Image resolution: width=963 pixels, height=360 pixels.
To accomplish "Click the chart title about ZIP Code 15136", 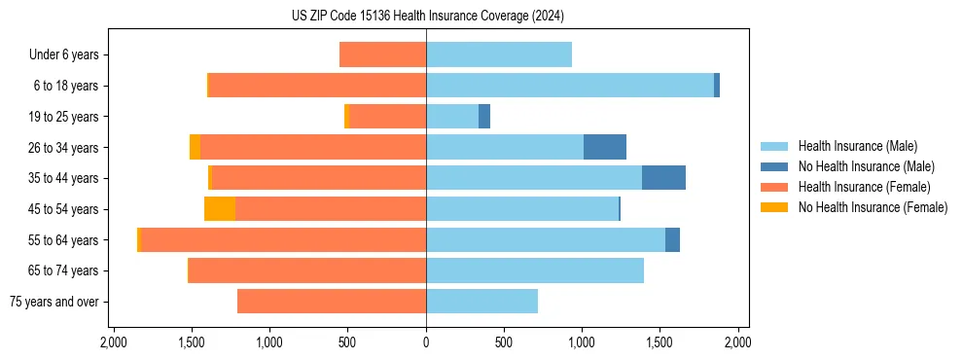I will point(427,17).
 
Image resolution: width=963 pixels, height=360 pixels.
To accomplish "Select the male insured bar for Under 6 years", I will point(498,54).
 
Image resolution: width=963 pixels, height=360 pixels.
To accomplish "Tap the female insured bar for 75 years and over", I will point(332,301).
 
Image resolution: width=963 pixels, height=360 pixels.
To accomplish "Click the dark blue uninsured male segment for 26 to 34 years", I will point(605,147).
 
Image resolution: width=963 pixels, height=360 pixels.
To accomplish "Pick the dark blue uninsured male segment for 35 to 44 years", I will point(663,178).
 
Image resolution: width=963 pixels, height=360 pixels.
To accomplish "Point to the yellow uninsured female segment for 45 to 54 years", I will point(220,208).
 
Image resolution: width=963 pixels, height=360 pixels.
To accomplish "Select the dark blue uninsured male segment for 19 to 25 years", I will point(484,117).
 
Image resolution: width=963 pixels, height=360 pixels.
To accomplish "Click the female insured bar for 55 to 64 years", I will point(284,239).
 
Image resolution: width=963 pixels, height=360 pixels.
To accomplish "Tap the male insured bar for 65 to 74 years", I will point(535,270).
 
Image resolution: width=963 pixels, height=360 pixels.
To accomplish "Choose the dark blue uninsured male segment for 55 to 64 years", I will point(672,239).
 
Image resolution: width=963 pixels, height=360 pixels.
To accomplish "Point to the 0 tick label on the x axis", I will point(426,342).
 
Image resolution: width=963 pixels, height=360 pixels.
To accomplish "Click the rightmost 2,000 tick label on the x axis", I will point(737,342).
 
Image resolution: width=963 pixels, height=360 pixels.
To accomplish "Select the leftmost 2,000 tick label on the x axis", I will point(114,342).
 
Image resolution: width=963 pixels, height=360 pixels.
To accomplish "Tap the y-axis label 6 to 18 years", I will point(65,86).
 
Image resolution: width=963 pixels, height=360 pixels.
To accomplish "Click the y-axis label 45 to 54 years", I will point(62,209).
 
